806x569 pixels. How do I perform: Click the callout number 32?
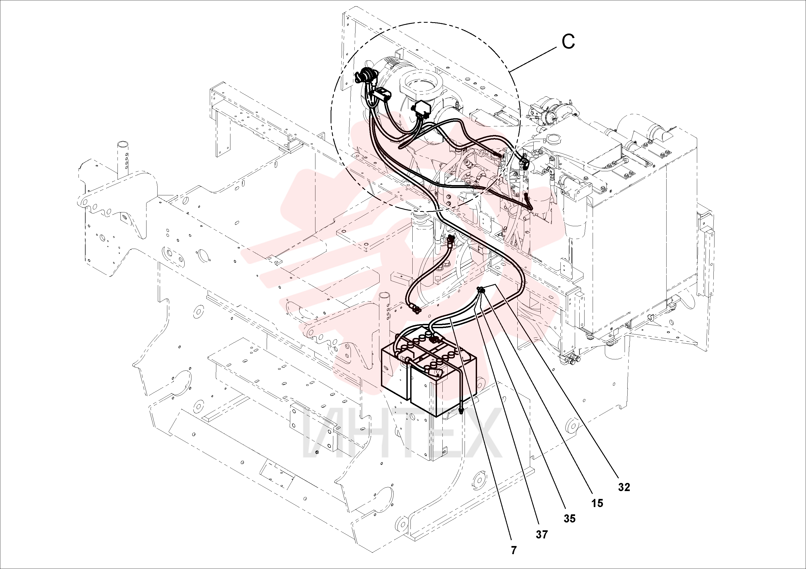tap(624, 487)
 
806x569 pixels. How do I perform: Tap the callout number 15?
tap(597, 504)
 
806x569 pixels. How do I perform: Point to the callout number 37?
tap(542, 535)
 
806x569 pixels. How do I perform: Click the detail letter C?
tap(568, 42)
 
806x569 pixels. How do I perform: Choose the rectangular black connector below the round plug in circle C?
tap(381, 94)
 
